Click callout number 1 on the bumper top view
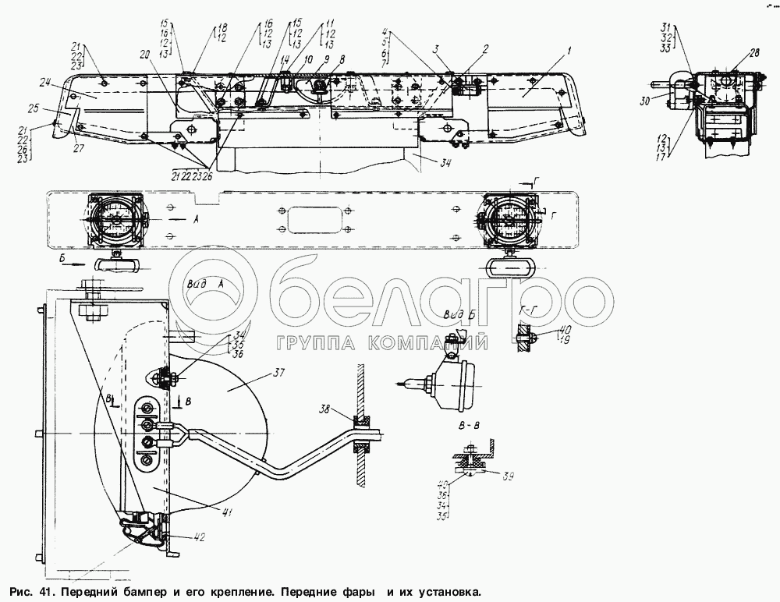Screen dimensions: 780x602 (569, 51)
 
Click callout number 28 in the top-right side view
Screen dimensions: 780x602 (732, 52)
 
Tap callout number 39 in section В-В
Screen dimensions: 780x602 (488, 475)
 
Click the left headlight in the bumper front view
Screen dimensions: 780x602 (115, 219)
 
